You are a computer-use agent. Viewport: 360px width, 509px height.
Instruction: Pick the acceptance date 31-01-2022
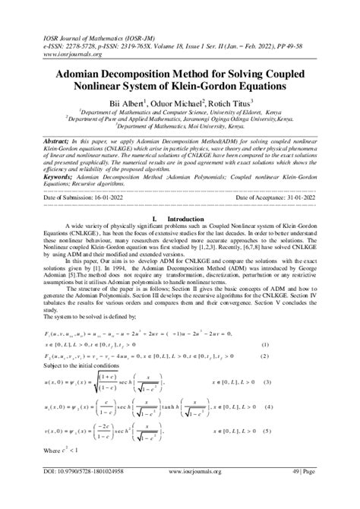(293, 197)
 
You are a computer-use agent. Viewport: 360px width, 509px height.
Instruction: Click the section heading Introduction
(186, 217)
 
